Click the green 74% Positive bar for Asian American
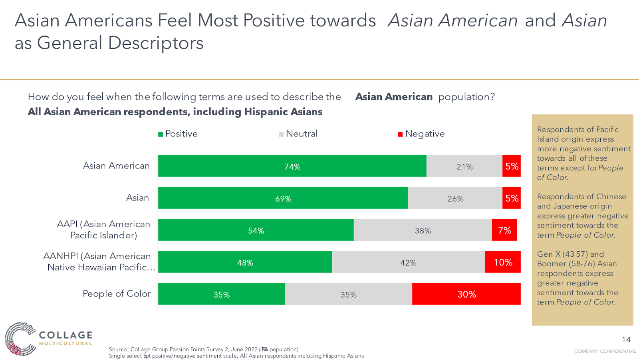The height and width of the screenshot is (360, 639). coord(292,166)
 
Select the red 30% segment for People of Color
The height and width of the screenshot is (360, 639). coord(466,294)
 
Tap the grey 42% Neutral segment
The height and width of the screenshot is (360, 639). coord(408,262)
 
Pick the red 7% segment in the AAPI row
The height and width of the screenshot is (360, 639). coord(504,230)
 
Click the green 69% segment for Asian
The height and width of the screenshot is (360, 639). coord(283,198)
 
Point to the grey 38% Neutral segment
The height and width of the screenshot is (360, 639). coord(423,230)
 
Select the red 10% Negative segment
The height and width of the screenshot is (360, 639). coord(502,262)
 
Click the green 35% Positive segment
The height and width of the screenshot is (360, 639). coord(221,294)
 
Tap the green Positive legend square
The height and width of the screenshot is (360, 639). coord(161,134)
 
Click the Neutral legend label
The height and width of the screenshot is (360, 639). coord(302,134)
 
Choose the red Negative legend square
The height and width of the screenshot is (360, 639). coord(400,134)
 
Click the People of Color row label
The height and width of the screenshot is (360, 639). coord(117,294)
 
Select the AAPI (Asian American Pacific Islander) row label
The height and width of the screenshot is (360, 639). coord(103,230)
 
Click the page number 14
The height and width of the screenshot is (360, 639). coord(626,340)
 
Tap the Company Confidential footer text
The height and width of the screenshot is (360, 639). coord(605,351)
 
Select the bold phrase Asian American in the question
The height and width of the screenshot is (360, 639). coord(394,97)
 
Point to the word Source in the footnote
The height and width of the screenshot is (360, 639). coord(118,349)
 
